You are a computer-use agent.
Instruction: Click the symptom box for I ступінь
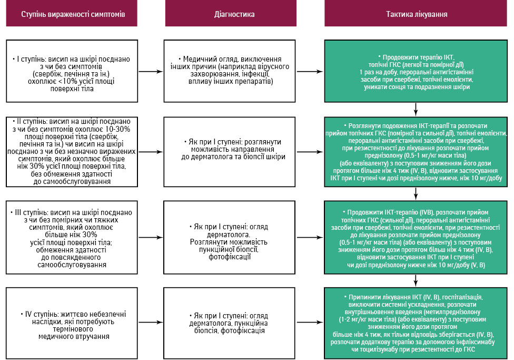72,71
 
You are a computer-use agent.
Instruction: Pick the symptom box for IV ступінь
72,323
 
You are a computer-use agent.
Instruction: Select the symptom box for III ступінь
72,238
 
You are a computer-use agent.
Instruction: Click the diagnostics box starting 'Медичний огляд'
230,71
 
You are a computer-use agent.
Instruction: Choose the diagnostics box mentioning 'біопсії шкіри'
230,152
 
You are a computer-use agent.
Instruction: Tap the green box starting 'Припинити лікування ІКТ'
416,323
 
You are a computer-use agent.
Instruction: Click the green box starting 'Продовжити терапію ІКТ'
416,71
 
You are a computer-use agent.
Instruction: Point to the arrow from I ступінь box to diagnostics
151,72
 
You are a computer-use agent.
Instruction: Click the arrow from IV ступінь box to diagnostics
151,322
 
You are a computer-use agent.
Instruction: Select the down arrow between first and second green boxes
416,110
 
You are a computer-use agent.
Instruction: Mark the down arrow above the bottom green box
416,281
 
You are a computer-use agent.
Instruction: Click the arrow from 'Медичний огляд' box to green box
310,72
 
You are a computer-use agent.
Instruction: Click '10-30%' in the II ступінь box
118,129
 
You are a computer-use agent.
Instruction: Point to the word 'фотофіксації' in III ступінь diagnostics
230,257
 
